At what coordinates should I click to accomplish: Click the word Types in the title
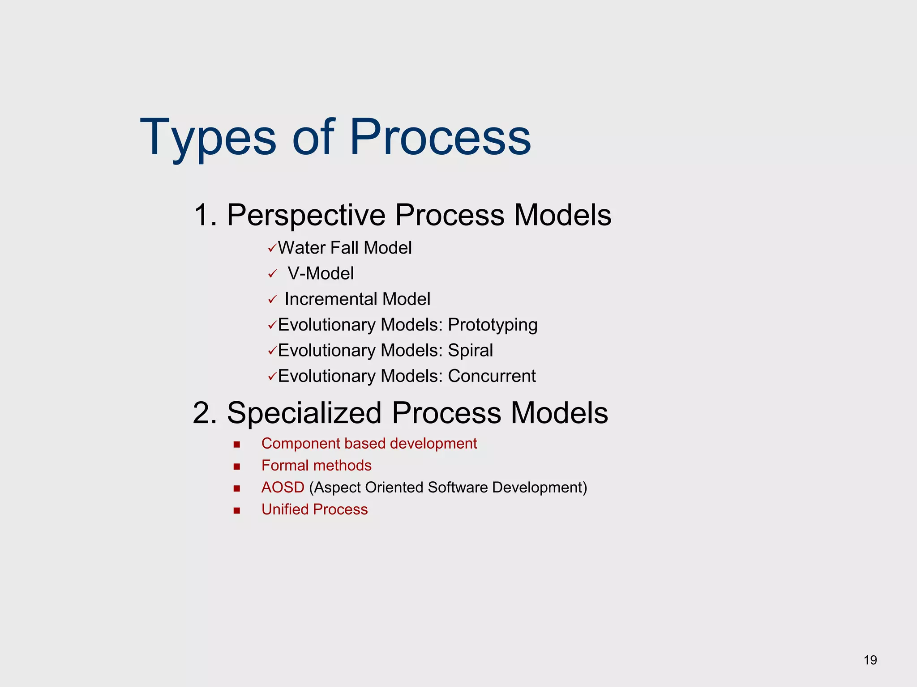[x=208, y=137]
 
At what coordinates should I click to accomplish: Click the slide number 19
[x=870, y=660]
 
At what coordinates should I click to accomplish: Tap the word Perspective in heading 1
[x=306, y=215]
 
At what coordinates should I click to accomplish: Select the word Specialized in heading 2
[x=304, y=413]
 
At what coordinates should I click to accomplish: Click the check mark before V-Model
[x=272, y=274]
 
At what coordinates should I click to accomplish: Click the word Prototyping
[x=493, y=325]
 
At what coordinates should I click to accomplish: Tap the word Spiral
[x=470, y=351]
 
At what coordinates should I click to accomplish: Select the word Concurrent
[x=492, y=376]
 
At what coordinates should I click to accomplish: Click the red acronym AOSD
[x=283, y=488]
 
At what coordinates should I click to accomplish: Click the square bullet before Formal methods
[x=237, y=466]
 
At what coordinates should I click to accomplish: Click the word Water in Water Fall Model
[x=301, y=248]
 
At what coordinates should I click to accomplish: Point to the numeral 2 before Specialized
[x=205, y=413]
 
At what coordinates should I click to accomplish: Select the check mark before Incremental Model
[x=272, y=300]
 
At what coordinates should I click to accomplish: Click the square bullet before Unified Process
[x=237, y=510]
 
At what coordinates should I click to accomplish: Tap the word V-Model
[x=321, y=274]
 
